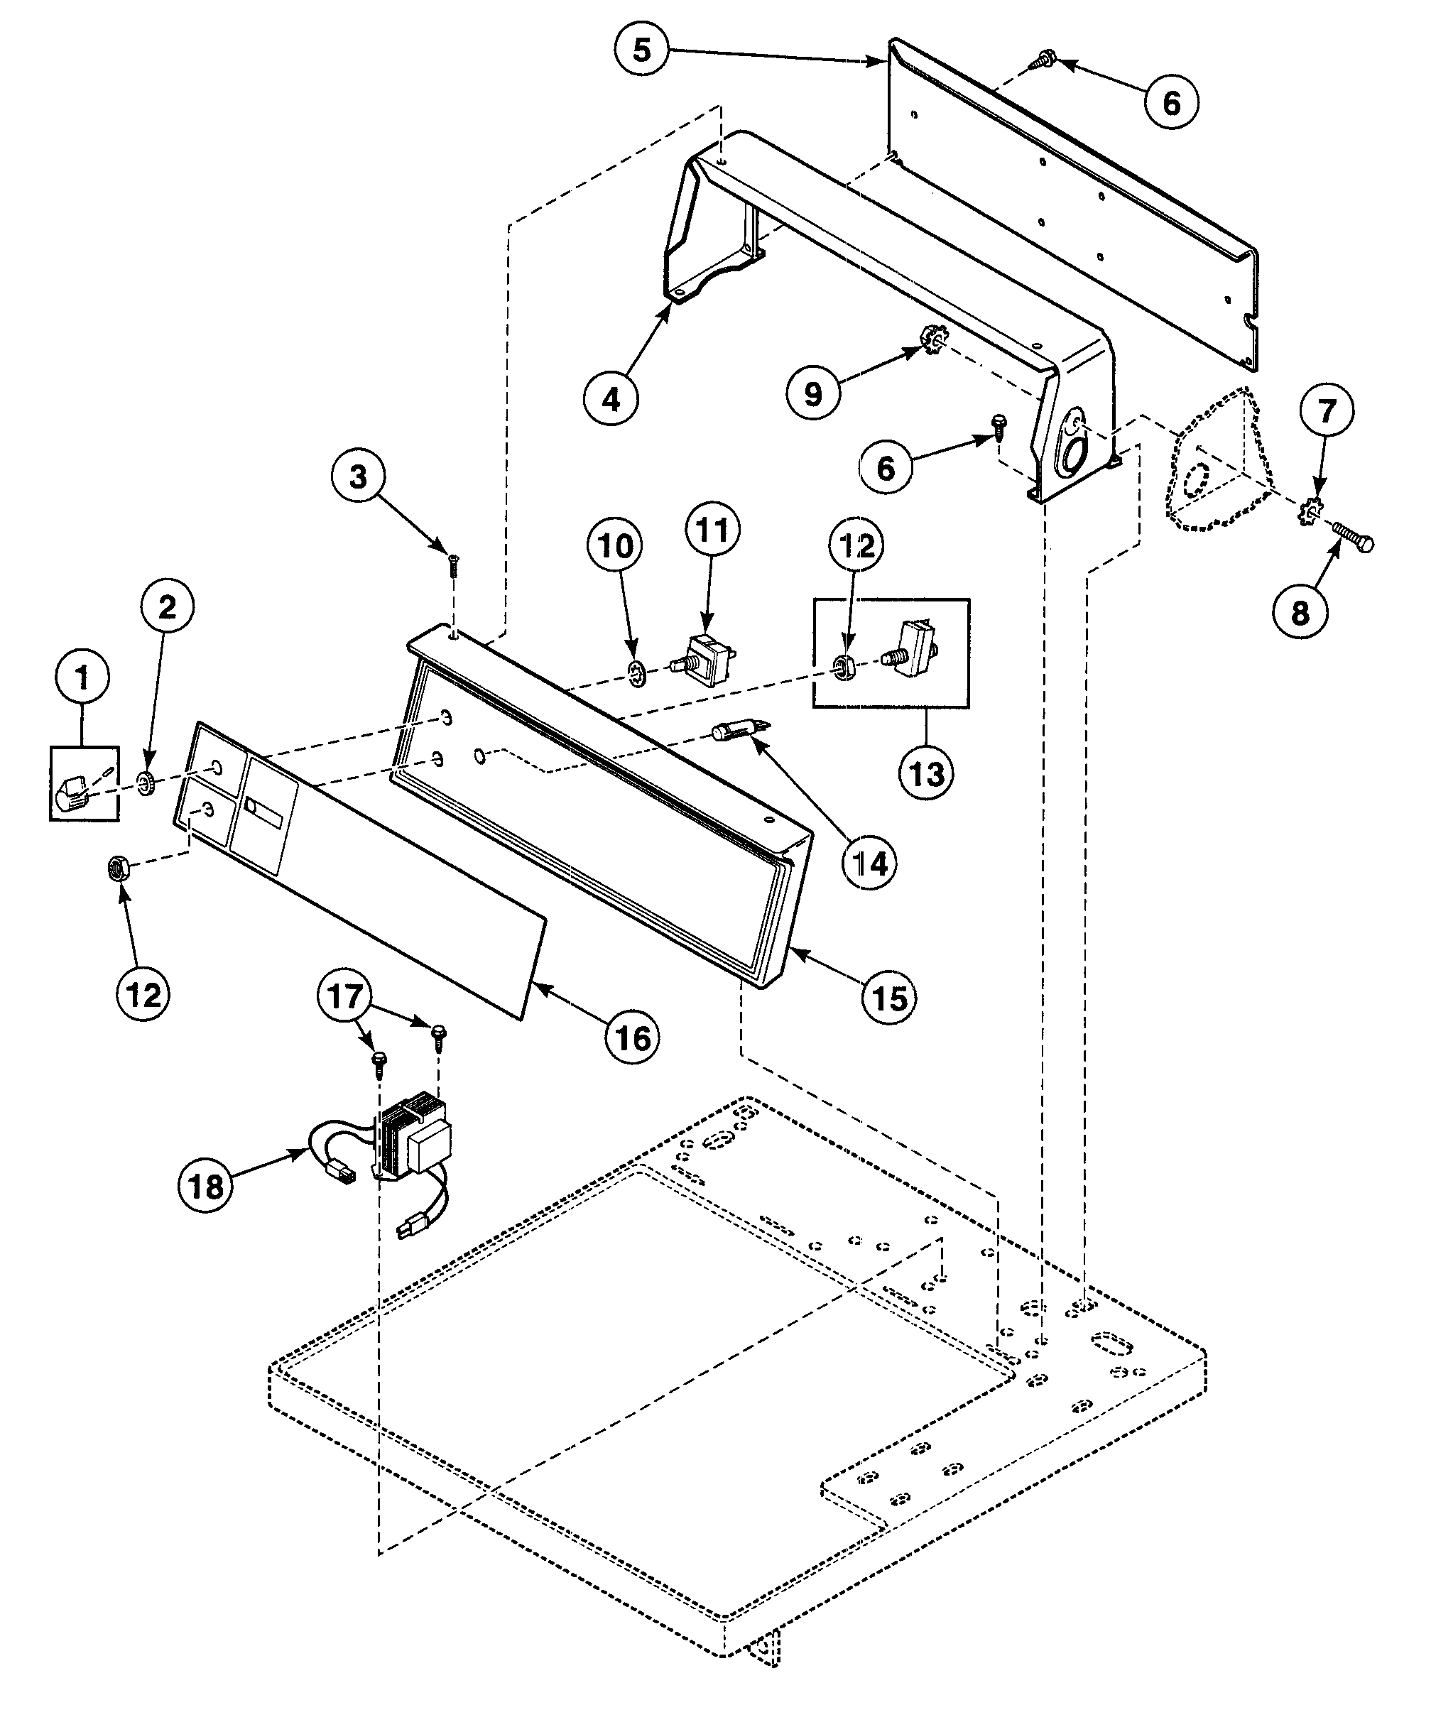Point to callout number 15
(x=890, y=998)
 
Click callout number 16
(x=633, y=1038)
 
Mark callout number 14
(x=870, y=863)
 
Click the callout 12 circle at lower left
(x=145, y=994)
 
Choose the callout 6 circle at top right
(x=1171, y=103)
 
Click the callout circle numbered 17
(x=344, y=996)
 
